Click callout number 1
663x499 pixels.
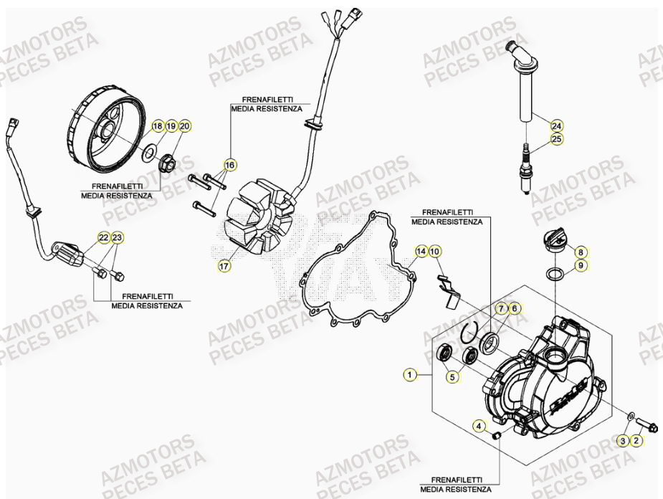tap(409, 374)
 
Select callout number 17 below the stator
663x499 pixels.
tap(224, 266)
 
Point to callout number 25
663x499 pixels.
tap(557, 139)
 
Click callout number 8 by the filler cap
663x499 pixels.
tap(581, 252)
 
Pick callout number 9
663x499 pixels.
tap(581, 265)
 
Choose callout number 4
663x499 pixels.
tap(478, 427)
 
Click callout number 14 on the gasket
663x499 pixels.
tap(421, 251)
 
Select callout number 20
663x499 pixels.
tap(184, 126)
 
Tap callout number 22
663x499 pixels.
tap(104, 237)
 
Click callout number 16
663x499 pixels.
tap(229, 165)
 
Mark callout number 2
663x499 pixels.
tap(636, 441)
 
